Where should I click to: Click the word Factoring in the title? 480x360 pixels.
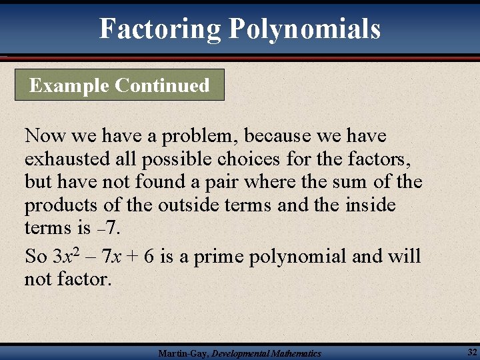pos(160,29)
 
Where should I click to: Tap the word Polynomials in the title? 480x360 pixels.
pos(305,29)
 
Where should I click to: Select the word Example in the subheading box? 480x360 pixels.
pos(69,85)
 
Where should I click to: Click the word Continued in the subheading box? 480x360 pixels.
pos(162,85)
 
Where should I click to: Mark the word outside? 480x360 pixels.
pos(177,205)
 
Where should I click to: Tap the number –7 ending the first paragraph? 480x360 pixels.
pos(108,228)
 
